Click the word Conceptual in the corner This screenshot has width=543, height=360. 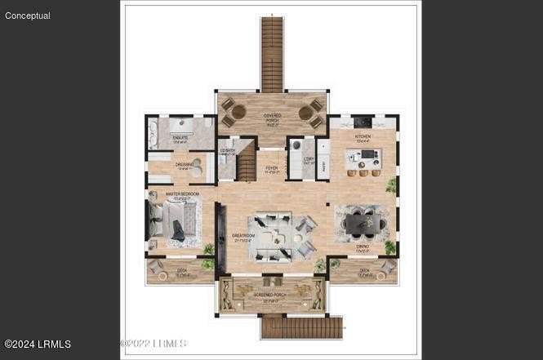point(28,16)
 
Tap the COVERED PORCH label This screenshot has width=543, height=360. point(272,118)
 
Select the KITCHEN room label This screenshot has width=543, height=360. point(363,136)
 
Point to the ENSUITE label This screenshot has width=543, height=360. point(180,138)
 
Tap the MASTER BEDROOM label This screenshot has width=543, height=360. point(182,194)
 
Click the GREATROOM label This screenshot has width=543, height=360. point(243,238)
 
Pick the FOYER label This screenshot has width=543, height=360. point(271,169)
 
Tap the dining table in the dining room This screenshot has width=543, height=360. point(363,221)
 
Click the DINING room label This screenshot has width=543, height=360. point(363,246)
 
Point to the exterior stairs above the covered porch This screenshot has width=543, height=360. point(272,54)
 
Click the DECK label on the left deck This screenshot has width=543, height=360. point(181,273)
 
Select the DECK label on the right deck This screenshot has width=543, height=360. point(364,272)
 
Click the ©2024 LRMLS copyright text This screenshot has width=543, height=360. point(38,344)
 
